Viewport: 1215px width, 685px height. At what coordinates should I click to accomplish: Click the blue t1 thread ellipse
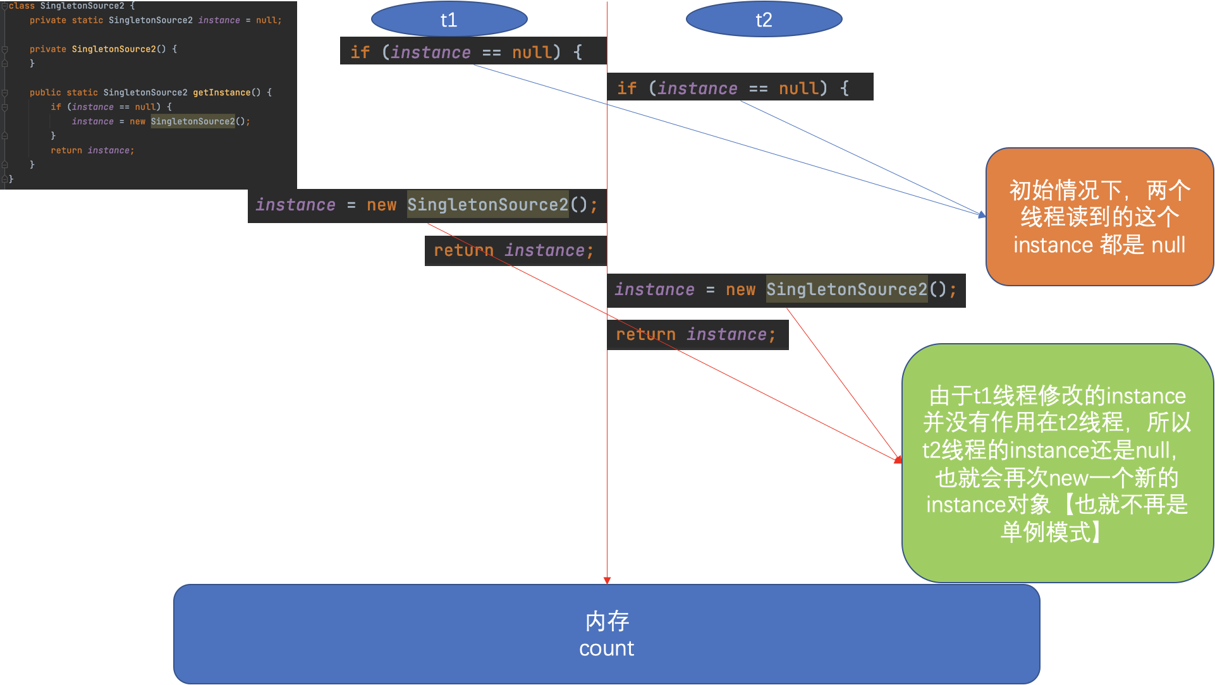coord(449,20)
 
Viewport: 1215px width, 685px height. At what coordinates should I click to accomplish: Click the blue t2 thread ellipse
coord(764,20)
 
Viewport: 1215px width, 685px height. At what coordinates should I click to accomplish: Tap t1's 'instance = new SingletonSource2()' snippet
coord(427,205)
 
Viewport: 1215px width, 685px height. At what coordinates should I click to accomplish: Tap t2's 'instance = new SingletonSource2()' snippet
coord(786,290)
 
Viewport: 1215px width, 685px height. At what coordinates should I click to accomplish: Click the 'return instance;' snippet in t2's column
coord(696,334)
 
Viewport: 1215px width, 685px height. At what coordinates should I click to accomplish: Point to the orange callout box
coord(1099,217)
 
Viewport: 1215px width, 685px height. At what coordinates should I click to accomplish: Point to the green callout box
coord(1057,463)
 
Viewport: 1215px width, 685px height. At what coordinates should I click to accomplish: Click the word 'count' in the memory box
coord(606,649)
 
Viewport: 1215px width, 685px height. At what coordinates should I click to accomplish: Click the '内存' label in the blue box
coord(607,621)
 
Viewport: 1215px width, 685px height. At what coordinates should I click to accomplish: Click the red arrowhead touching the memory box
coord(607,580)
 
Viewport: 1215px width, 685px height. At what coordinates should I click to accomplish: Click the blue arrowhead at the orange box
coord(982,215)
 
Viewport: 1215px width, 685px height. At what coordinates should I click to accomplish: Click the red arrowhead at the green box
coord(898,459)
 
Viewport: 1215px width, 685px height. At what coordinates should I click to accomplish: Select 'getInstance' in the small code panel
coord(221,92)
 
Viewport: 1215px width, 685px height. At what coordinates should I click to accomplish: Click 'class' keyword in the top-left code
coord(21,6)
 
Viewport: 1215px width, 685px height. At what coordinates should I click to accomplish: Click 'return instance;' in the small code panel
coord(92,150)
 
